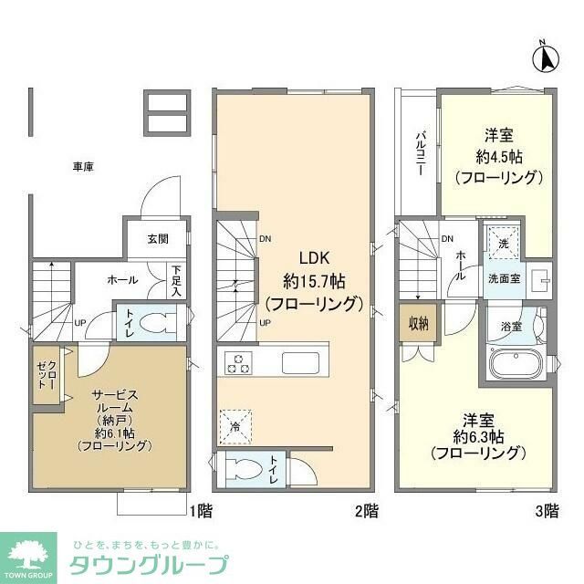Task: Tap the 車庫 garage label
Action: click(84, 167)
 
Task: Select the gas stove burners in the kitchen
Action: click(238, 362)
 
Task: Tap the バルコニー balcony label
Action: click(421, 153)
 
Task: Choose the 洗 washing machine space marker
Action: click(502, 243)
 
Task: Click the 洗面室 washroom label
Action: click(504, 278)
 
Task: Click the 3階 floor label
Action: click(547, 511)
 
